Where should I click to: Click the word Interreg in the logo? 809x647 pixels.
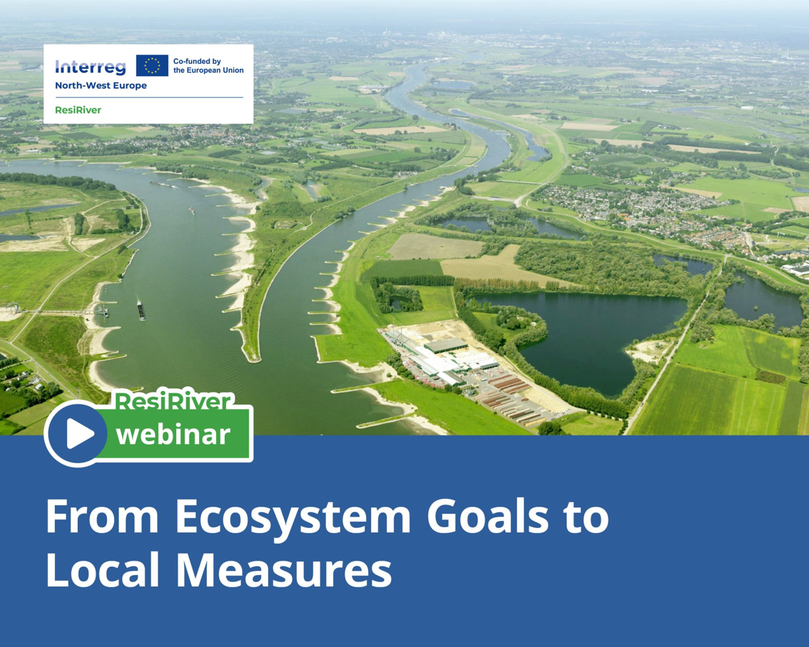tap(91, 67)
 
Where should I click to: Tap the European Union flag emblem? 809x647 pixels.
tap(152, 66)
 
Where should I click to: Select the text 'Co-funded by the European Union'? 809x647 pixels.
tap(208, 66)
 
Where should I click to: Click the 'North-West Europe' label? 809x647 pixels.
tap(101, 86)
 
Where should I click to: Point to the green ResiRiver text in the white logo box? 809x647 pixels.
tap(78, 110)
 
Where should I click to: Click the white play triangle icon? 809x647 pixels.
tap(79, 434)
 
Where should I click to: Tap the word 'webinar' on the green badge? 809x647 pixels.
tap(173, 435)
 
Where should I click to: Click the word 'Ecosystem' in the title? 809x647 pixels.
tap(293, 517)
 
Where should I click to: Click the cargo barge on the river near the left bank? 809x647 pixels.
tap(141, 310)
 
